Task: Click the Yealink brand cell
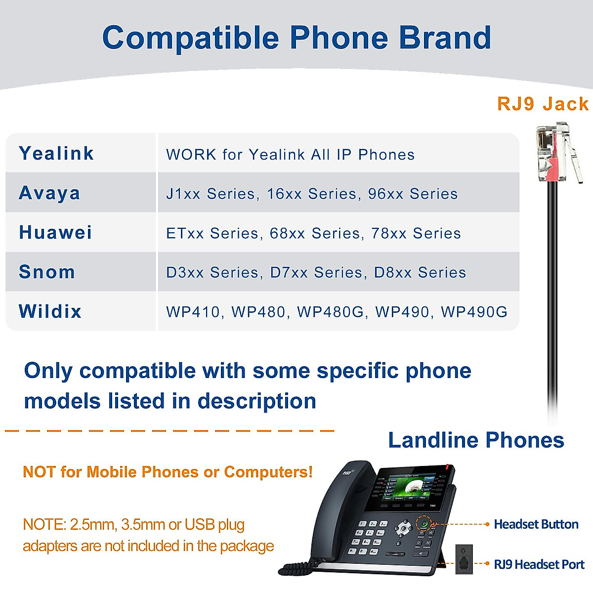point(56,153)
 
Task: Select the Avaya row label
point(49,193)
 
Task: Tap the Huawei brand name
point(55,232)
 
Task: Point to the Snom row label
point(47,272)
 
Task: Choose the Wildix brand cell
point(50,311)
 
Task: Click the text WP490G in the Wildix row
point(474,312)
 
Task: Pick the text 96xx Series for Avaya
point(413,194)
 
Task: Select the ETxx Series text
point(213,233)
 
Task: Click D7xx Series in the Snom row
point(317,272)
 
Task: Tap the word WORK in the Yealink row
point(191,155)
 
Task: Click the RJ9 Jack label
point(543,104)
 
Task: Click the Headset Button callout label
point(536,524)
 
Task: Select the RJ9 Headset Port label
point(539,564)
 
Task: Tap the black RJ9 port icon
point(464,559)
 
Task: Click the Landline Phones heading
point(476,440)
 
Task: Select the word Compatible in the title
point(190,38)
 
